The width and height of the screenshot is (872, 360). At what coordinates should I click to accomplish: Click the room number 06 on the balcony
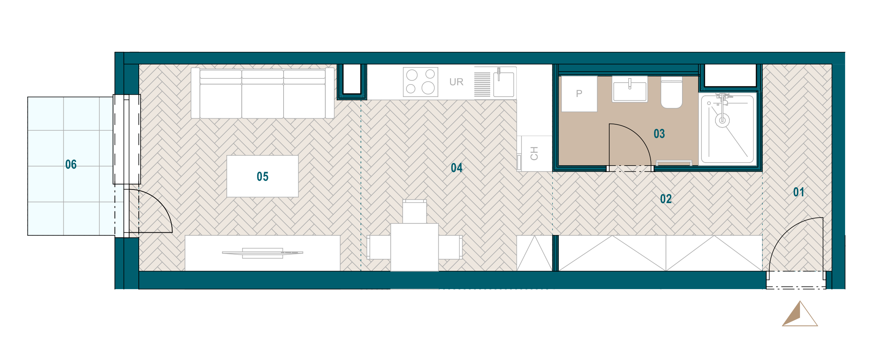tap(71, 164)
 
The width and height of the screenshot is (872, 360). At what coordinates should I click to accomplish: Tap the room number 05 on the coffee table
tap(262, 177)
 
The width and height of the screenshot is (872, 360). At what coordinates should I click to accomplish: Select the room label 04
tap(456, 168)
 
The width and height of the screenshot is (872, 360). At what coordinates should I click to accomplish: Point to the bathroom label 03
tap(659, 134)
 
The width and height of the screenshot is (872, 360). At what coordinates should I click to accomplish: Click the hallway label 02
tap(666, 199)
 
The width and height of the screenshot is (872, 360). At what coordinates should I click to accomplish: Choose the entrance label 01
tap(798, 192)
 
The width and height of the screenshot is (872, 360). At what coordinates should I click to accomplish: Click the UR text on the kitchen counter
tap(456, 82)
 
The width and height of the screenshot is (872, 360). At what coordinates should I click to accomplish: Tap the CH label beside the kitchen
tap(534, 153)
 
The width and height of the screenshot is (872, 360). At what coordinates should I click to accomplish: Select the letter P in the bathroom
tap(579, 94)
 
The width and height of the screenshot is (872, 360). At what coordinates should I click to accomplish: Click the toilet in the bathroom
tap(671, 92)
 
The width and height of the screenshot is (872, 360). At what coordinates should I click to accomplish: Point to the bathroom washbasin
tap(630, 89)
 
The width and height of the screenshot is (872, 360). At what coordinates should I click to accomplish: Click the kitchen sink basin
tap(503, 84)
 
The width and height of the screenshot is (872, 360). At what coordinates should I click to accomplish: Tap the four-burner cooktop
tap(420, 82)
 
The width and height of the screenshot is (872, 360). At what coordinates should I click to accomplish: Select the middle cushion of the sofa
tap(262, 94)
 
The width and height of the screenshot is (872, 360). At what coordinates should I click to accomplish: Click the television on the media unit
tap(262, 253)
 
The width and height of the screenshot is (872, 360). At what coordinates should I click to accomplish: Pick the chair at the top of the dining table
tap(414, 211)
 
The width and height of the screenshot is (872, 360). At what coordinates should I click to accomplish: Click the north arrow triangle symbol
tap(800, 314)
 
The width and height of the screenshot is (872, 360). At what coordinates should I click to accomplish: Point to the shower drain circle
tap(722, 121)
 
